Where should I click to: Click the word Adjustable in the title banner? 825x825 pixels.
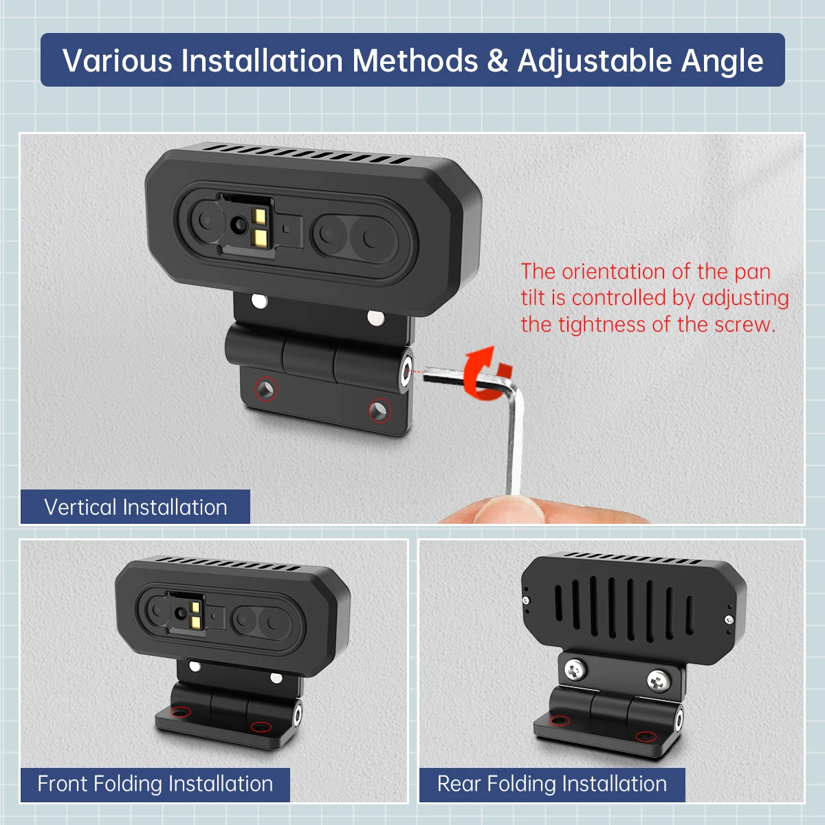pos(595,60)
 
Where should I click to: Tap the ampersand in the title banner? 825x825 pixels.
pos(497,60)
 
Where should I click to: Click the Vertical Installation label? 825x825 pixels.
pos(135,507)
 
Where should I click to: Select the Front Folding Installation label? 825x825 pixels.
pos(155,784)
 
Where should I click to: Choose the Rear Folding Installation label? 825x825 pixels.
pos(552,784)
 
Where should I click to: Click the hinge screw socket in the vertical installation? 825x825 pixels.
pos(405,371)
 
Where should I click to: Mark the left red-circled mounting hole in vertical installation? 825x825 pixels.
pos(266,388)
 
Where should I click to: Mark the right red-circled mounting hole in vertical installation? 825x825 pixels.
pos(379,410)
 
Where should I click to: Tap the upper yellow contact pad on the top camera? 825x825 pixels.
pos(259,216)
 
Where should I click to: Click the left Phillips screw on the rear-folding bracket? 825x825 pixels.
pos(575,670)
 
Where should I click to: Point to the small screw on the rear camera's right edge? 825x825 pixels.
pos(729,619)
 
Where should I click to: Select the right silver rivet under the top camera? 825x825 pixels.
pos(376,318)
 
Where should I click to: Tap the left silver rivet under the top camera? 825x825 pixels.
pos(259,300)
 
